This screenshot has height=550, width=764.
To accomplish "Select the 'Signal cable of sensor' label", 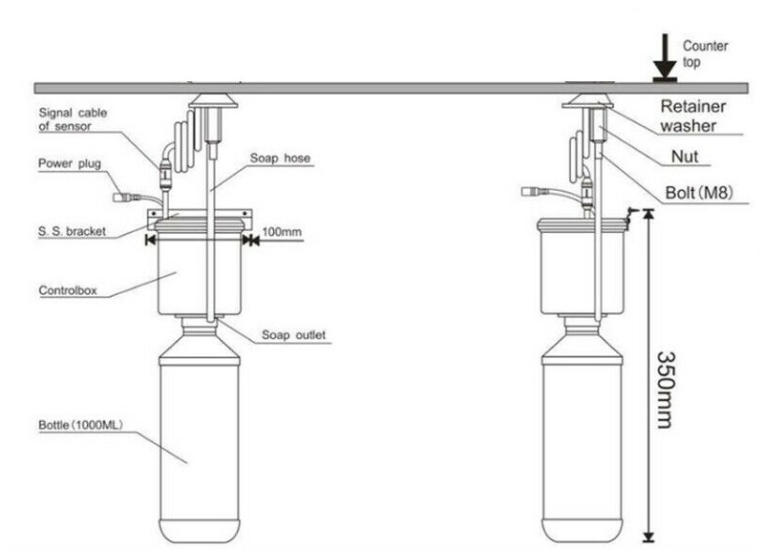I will (73, 118).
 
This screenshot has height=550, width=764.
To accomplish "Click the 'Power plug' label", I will (69, 163).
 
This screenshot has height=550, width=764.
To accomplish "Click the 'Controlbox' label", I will (66, 288).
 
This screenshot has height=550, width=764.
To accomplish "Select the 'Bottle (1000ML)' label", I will (79, 423).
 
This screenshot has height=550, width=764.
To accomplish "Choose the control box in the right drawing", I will (581, 272).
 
